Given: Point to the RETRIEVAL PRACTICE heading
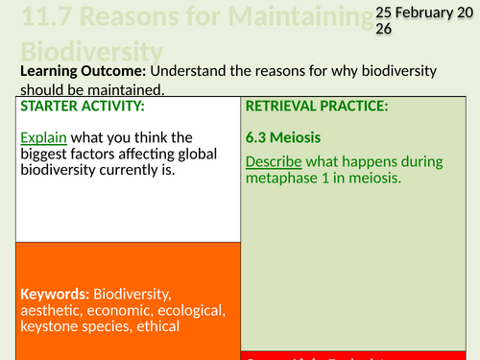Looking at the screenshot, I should click(317, 106).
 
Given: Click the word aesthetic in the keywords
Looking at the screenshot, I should click(52, 310).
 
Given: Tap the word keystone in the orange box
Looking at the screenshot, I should click(48, 326).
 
